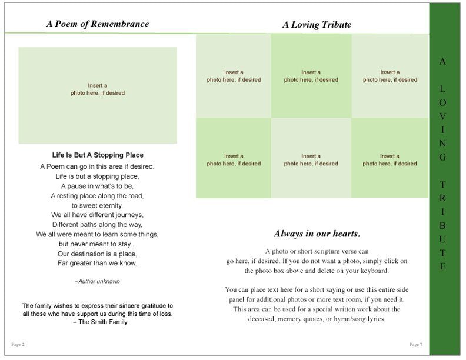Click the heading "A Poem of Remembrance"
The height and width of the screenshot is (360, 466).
[98, 24]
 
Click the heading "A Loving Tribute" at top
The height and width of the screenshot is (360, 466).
[317, 24]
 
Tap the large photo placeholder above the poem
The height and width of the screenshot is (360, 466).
[98, 95]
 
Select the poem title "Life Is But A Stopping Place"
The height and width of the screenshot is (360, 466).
[98, 155]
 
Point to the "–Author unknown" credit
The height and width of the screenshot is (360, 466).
[98, 281]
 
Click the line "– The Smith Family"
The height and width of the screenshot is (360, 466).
[98, 322]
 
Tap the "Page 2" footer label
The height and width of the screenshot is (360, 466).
[18, 344]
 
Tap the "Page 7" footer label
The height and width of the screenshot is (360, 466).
[415, 344]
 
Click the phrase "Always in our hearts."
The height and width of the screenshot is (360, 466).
[317, 233]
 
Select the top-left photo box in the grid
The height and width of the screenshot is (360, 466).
[234, 76]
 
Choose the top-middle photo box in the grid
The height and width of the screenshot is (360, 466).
[311, 76]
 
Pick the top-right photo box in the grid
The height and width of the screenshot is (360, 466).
[390, 76]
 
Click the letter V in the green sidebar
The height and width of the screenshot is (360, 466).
[443, 116]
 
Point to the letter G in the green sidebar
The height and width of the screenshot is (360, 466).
[443, 157]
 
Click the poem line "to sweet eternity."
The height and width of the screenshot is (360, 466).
[98, 205]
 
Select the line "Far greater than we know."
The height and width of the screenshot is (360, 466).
[98, 263]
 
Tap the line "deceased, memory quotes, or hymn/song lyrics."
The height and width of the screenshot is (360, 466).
[317, 319]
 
